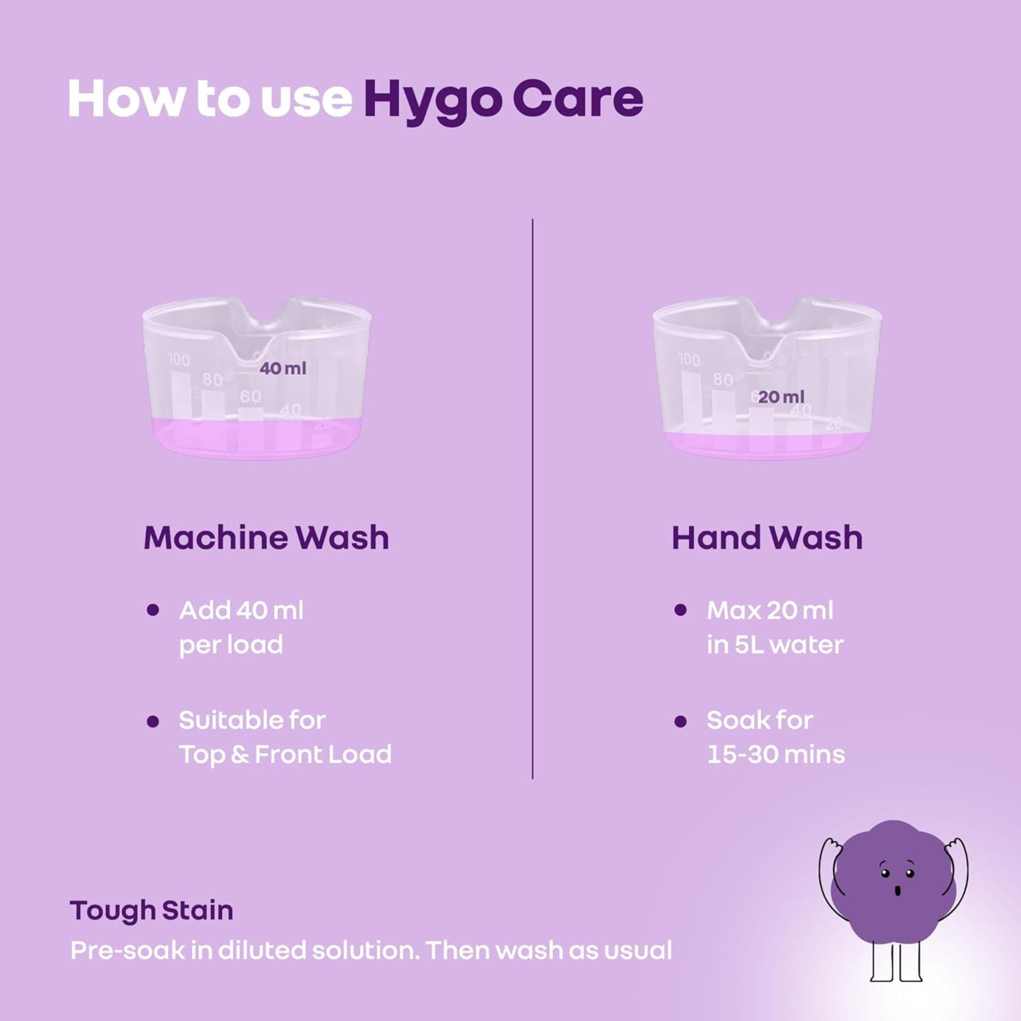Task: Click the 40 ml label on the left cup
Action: [x=283, y=368]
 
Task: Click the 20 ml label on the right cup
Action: [x=781, y=397]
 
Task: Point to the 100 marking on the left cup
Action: [x=179, y=359]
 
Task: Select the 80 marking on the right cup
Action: [x=722, y=379]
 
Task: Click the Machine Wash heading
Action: [x=266, y=538]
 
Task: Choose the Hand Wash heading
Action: [x=767, y=538]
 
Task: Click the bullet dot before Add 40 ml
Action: [x=153, y=611]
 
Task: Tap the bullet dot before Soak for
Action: [x=681, y=722]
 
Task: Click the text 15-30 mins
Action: [x=775, y=754]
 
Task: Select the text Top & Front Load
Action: [x=285, y=754]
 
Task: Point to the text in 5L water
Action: [x=775, y=645]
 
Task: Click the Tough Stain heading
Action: [x=152, y=910]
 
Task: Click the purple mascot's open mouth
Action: [x=897, y=891]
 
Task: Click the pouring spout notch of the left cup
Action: [x=257, y=349]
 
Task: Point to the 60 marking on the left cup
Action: [x=250, y=396]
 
